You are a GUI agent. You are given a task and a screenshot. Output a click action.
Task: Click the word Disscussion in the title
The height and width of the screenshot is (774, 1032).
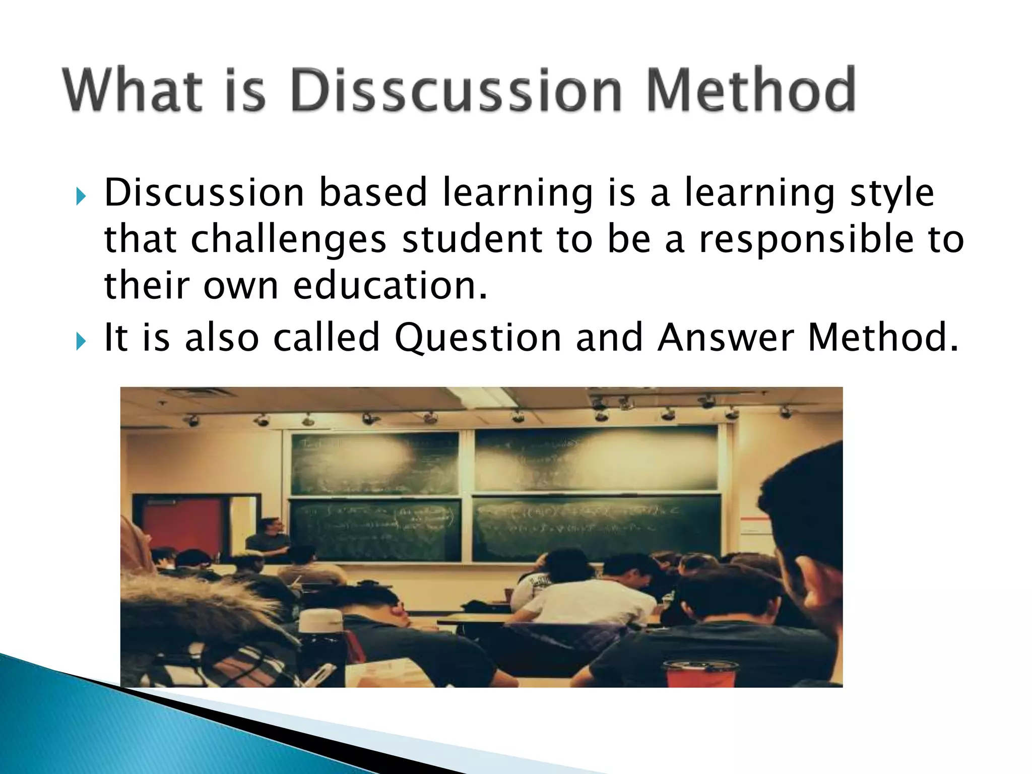click(x=456, y=91)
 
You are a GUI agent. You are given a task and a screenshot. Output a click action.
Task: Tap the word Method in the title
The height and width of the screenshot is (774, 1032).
click(x=751, y=91)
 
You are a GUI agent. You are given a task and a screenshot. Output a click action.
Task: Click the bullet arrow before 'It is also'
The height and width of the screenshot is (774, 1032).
click(x=81, y=341)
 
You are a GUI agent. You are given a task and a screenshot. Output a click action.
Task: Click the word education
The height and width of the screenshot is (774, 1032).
click(x=391, y=286)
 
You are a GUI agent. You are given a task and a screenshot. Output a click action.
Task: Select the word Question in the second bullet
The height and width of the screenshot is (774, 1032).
click(x=478, y=338)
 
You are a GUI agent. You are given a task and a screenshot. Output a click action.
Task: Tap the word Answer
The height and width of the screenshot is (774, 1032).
click(x=726, y=338)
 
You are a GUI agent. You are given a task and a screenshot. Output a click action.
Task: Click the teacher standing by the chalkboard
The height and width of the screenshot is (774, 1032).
click(x=270, y=539)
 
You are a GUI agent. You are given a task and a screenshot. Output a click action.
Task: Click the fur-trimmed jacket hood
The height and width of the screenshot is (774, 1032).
click(x=202, y=605)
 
